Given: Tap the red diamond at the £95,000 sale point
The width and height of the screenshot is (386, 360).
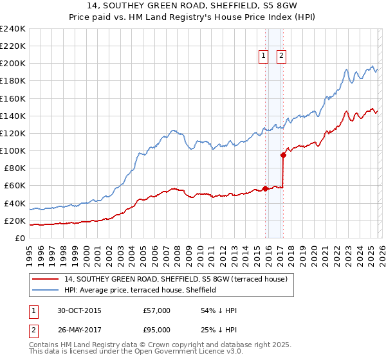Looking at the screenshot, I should point(283,155).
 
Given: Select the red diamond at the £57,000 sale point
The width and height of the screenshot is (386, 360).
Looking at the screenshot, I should point(265,188).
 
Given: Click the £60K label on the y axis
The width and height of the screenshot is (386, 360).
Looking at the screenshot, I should point(15,186).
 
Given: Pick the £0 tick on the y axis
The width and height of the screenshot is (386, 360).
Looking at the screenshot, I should point(20,239).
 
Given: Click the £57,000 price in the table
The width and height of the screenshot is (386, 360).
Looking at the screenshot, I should point(156,311).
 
